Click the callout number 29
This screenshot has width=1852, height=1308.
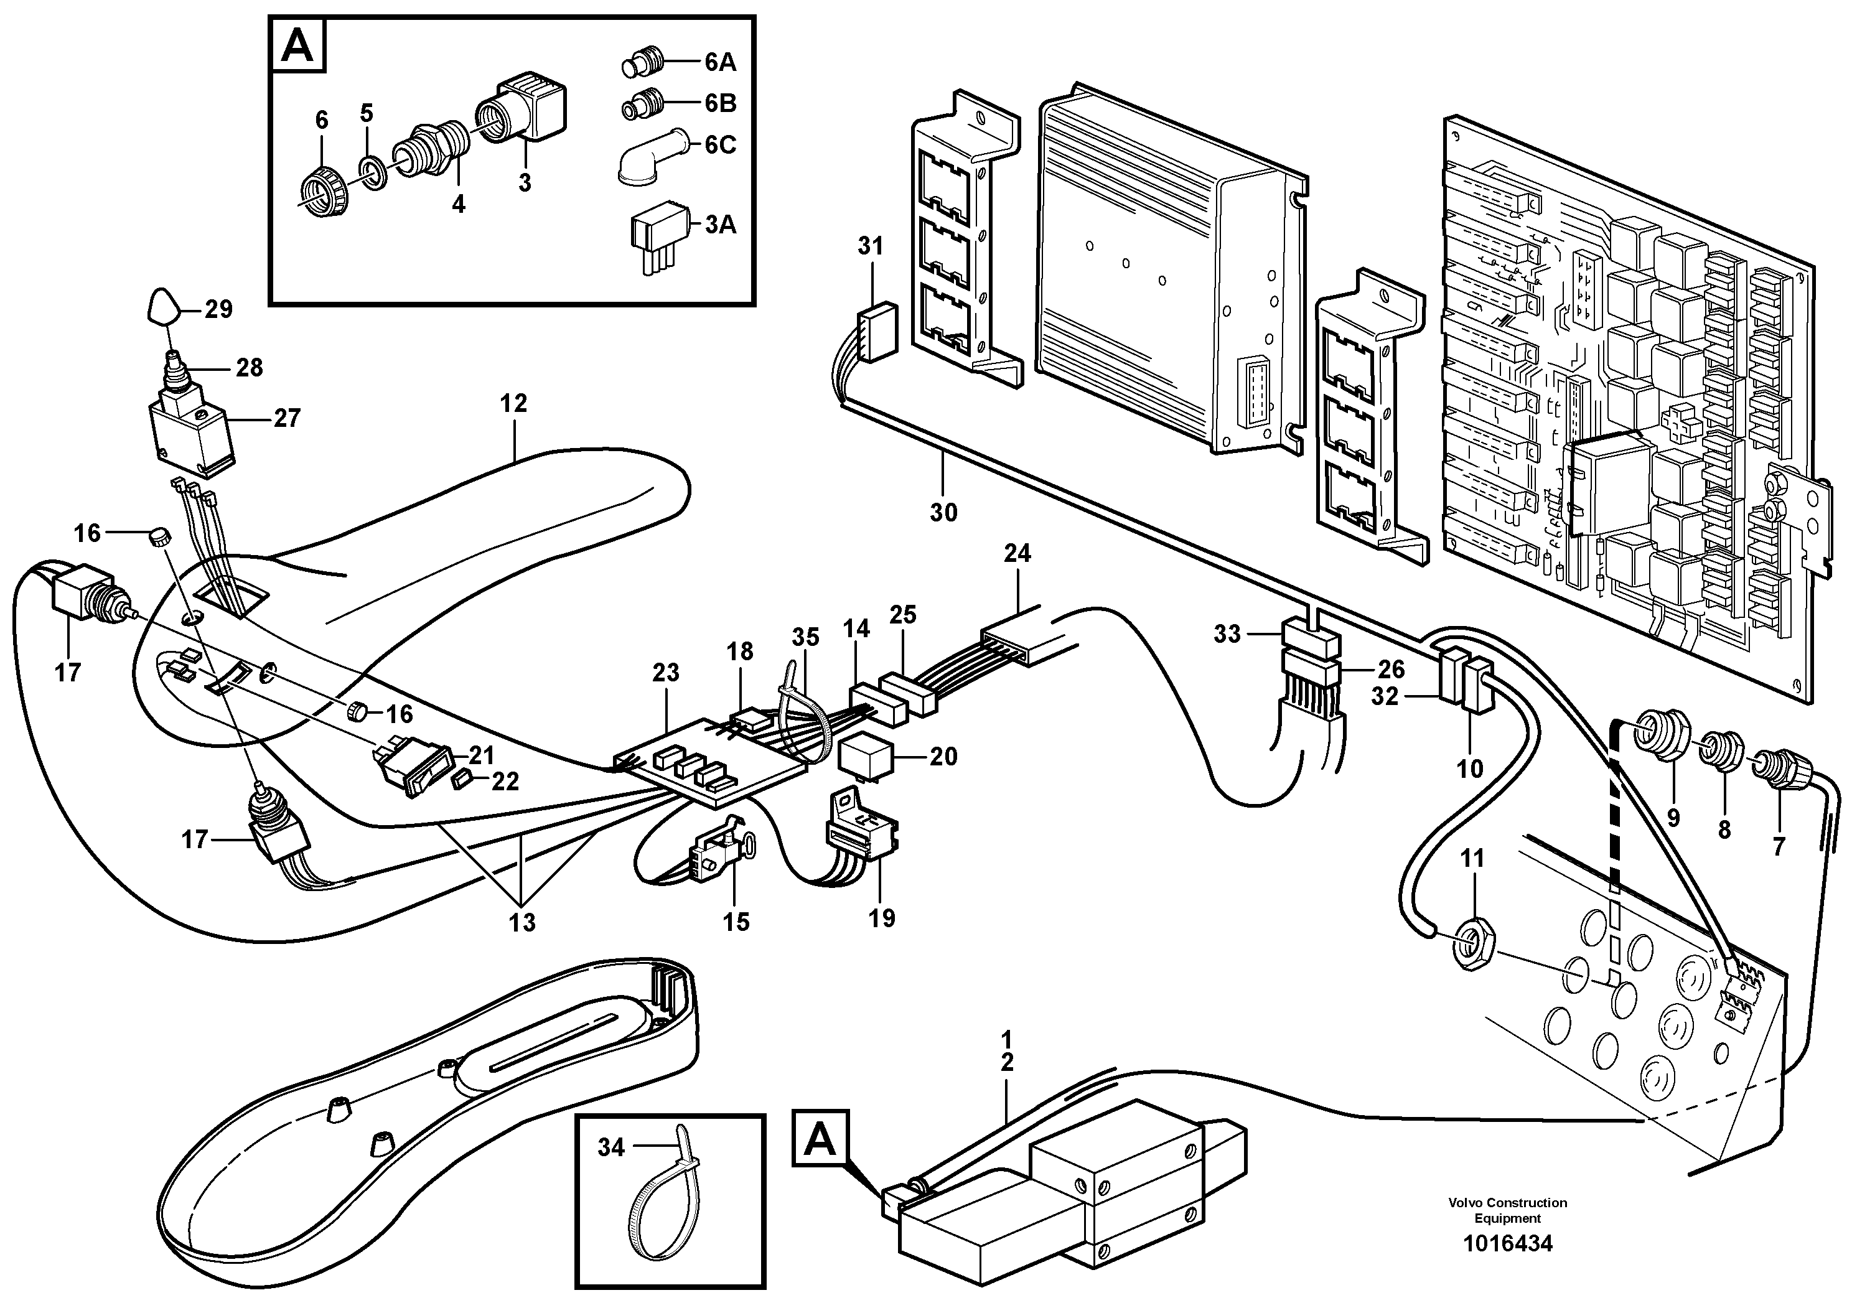pyautogui.click(x=218, y=310)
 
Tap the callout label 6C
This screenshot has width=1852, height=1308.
pyautogui.click(x=719, y=145)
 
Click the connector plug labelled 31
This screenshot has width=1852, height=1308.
pyautogui.click(x=876, y=330)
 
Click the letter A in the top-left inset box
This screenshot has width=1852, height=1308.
pyautogui.click(x=297, y=47)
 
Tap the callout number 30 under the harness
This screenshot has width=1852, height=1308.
pyautogui.click(x=943, y=512)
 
